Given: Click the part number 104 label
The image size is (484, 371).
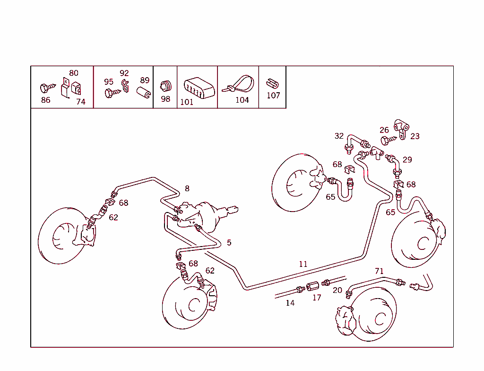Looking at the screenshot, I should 242,100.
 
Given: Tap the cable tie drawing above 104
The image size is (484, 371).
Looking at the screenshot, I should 240,84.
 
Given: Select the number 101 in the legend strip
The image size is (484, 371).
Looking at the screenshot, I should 187,102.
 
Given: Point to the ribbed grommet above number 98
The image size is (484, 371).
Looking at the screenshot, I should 165,86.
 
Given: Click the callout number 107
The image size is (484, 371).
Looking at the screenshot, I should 273,95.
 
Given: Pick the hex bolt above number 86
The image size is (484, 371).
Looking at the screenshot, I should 46,88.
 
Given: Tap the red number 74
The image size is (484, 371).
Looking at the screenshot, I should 81,101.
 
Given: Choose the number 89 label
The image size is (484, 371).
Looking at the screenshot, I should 145,80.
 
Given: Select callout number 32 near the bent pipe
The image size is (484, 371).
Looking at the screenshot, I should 339,136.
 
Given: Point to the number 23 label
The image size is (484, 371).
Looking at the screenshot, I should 415,136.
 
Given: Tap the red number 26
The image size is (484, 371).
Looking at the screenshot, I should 384,130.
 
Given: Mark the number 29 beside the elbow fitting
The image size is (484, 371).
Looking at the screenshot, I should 407,159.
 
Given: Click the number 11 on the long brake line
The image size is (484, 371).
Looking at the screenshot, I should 303,264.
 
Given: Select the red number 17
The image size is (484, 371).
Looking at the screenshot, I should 317,298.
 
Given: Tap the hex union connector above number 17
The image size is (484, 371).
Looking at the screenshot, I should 312,286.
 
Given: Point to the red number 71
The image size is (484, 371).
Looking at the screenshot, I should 379,271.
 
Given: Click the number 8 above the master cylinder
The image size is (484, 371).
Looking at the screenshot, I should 187,188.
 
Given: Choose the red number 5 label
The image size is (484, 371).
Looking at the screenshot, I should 229,243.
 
